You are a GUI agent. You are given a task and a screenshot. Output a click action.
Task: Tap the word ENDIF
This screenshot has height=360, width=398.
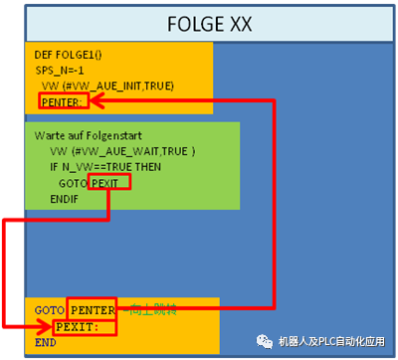[x=65, y=200]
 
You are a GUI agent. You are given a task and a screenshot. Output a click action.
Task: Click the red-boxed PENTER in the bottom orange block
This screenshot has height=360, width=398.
[x=94, y=310]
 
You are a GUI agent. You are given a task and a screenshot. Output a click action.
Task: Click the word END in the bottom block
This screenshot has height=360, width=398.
[x=46, y=341]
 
